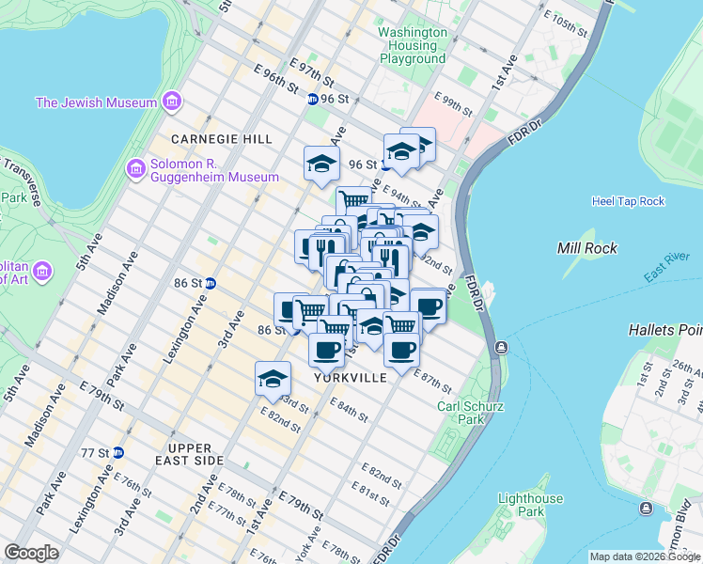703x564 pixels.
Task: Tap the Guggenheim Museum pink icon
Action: [x=135, y=168]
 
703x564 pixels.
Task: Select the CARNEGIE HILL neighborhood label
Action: [x=222, y=139]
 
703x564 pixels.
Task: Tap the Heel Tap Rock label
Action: [x=628, y=201]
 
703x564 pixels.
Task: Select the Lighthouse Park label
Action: [x=531, y=505]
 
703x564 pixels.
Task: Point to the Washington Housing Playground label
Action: [x=413, y=45]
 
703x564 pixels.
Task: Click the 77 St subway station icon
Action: [x=117, y=452]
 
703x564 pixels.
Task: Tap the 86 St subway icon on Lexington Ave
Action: [x=211, y=282]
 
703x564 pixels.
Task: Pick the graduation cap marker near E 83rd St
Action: [x=273, y=378]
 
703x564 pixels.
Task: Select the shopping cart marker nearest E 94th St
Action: [x=353, y=199]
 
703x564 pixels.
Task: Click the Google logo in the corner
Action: [x=31, y=553]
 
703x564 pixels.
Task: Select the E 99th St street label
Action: [x=454, y=102]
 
